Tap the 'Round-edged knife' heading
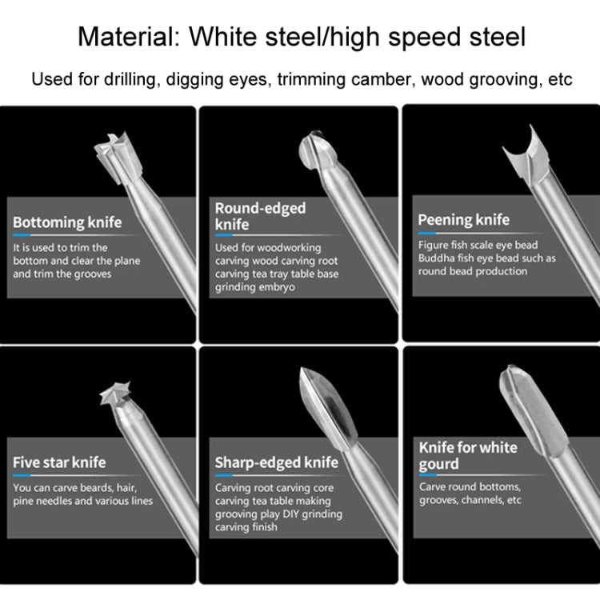pyautogui.click(x=260, y=216)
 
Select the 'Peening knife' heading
pyautogui.click(x=463, y=220)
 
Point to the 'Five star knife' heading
pyautogui.click(x=59, y=462)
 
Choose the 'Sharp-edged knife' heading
pyautogui.click(x=276, y=462)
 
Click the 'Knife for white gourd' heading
pyautogui.click(x=468, y=455)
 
